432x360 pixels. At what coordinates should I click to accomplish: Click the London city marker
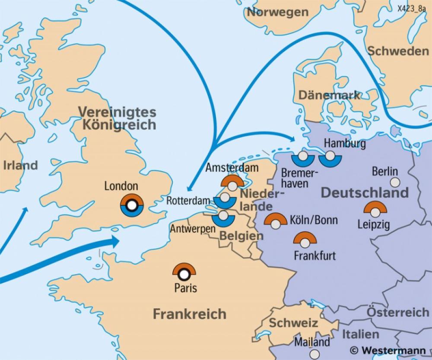[132, 204]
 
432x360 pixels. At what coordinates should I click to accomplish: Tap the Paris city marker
[184, 273]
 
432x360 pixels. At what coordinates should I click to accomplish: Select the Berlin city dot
[394, 183]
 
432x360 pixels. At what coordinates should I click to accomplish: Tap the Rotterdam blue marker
[224, 200]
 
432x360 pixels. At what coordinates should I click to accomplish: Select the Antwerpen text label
[193, 228]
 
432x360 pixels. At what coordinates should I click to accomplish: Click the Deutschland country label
[365, 192]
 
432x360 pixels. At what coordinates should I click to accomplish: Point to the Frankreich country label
[189, 313]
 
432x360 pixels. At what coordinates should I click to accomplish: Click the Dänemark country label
[330, 95]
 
